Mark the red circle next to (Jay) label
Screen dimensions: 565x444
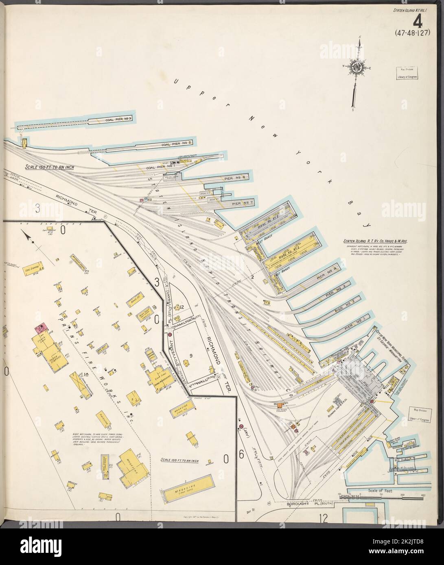click(x=241, y=427)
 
